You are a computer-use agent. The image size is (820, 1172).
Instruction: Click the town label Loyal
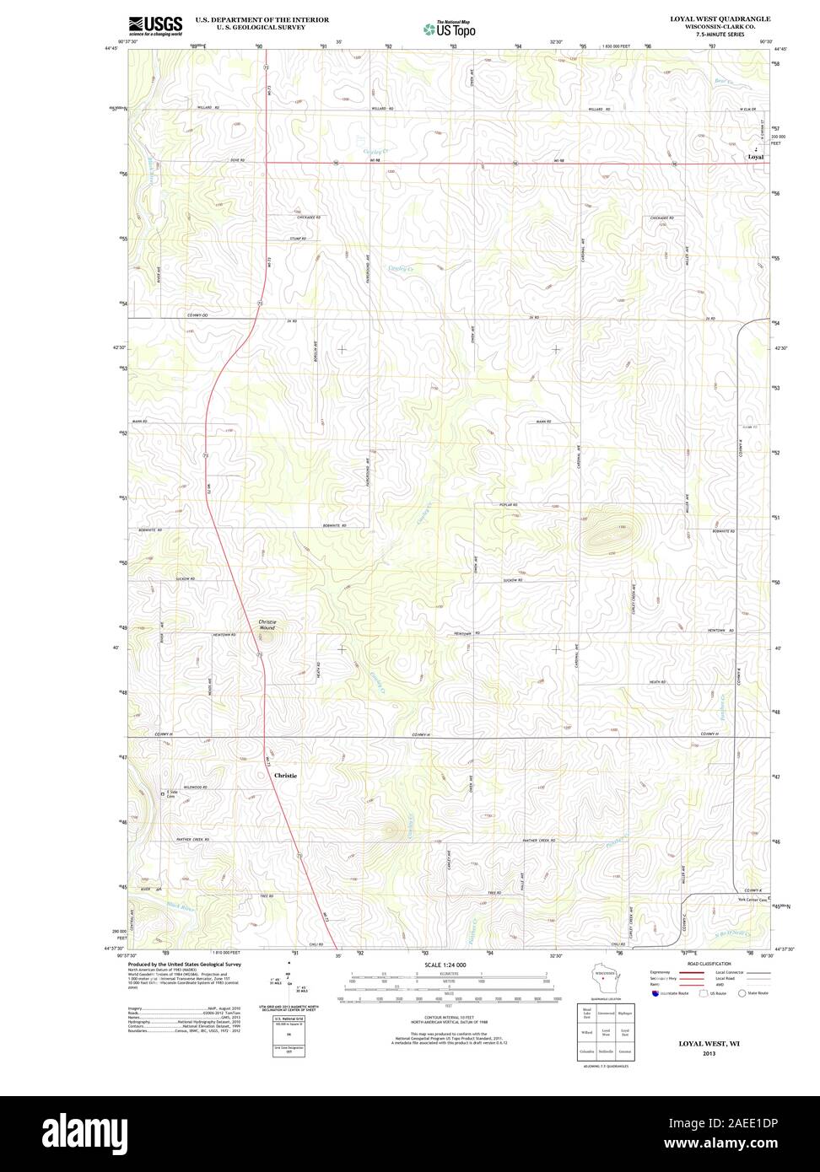[756, 157]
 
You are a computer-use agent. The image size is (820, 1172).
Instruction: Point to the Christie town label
[285, 774]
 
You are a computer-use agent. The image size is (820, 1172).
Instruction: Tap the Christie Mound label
[267, 625]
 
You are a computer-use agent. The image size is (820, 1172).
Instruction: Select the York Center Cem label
[750, 900]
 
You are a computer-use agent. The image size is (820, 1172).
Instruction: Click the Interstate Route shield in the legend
[655, 993]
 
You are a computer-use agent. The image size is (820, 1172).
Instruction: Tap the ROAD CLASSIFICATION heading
[709, 963]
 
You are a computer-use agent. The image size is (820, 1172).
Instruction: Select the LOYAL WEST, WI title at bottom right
[709, 1043]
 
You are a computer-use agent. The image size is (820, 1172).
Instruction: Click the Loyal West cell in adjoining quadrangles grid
[605, 1031]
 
